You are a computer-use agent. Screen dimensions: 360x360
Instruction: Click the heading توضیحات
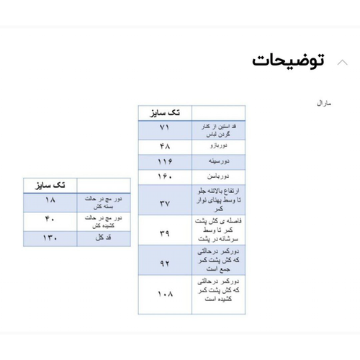point(288,60)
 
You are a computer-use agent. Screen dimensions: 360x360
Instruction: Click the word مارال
point(324,104)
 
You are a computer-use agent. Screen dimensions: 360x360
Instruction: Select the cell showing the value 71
point(165,128)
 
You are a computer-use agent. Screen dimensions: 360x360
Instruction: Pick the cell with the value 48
point(165,145)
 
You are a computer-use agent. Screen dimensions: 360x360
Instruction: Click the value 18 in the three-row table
point(50,201)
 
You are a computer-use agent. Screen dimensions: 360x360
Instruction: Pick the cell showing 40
point(50,220)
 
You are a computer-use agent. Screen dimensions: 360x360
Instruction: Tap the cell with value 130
point(50,238)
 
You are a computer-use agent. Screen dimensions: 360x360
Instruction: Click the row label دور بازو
point(218,145)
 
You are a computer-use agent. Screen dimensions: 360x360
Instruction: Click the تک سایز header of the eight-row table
point(165,113)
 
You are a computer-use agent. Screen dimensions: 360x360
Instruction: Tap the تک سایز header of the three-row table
point(50,185)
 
